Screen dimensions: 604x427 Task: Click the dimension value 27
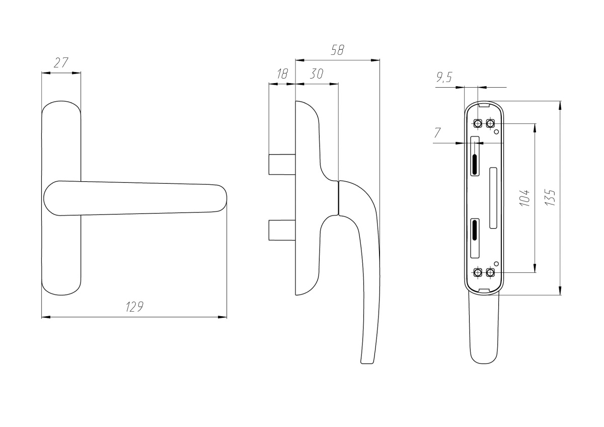[61, 63]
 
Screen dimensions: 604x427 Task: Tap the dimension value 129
[134, 307]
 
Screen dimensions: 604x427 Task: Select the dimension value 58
[338, 50]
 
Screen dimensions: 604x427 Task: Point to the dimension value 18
[282, 74]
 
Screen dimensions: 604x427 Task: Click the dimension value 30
[316, 74]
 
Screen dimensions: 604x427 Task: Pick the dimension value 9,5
[444, 78]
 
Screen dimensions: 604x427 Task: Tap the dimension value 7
[437, 133]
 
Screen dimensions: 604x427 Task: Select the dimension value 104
[524, 198]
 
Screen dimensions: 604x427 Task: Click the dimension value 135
[550, 198]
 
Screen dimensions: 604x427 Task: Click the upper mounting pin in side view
[282, 165]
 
